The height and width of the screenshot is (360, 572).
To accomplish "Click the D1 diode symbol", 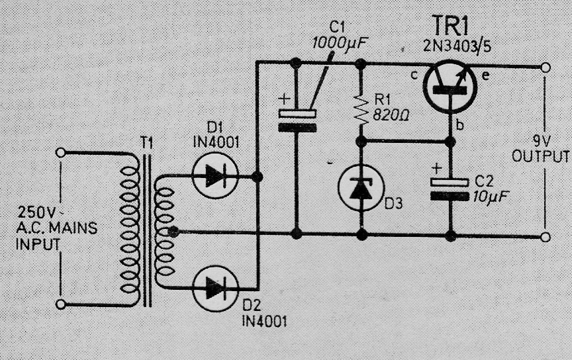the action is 215,175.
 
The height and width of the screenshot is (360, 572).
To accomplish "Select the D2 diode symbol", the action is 215,288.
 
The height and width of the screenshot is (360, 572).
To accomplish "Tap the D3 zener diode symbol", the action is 361,188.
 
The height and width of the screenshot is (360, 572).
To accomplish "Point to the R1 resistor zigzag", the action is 361,110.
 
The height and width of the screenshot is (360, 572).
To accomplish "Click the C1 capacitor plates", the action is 297,120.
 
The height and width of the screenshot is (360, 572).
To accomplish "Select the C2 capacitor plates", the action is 450,190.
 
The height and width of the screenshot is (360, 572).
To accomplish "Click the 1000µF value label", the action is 338,44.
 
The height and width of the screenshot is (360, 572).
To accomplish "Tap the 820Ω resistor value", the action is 391,116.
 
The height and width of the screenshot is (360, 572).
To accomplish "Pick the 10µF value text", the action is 491,197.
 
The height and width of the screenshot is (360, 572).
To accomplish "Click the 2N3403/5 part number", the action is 457,46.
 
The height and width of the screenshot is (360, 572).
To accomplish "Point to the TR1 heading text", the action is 450,26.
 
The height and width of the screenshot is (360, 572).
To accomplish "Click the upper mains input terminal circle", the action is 61,152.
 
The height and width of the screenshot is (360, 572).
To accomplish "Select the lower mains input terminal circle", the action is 61,304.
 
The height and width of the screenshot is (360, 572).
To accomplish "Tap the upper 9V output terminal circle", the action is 546,67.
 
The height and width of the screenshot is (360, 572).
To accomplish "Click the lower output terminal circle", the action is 546,238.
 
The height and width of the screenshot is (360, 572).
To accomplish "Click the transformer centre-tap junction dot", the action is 173,231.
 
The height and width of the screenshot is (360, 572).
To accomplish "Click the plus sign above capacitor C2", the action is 437,169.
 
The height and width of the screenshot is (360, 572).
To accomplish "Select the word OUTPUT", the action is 540,156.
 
